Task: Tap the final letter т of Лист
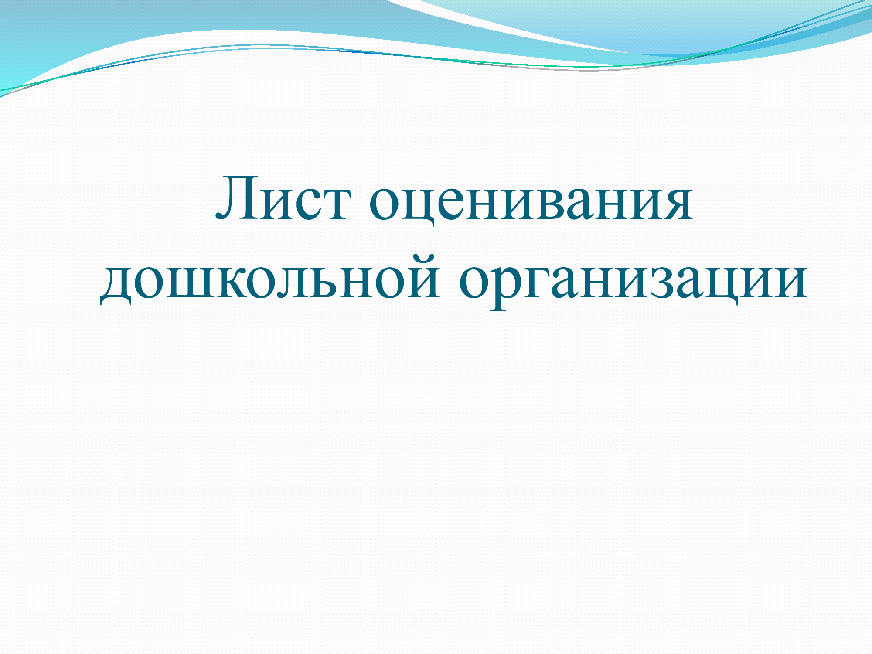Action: point(334,203)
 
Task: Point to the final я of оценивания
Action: point(676,203)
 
